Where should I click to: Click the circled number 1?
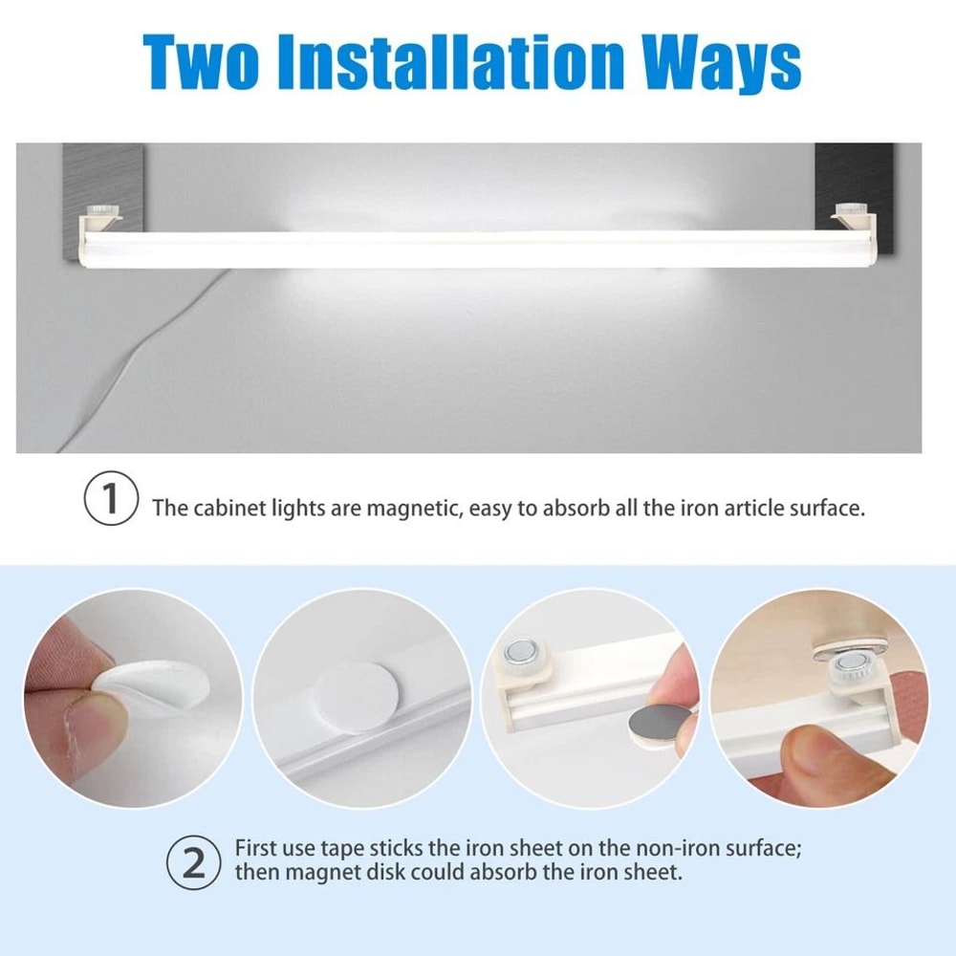112,501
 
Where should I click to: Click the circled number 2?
194,862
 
